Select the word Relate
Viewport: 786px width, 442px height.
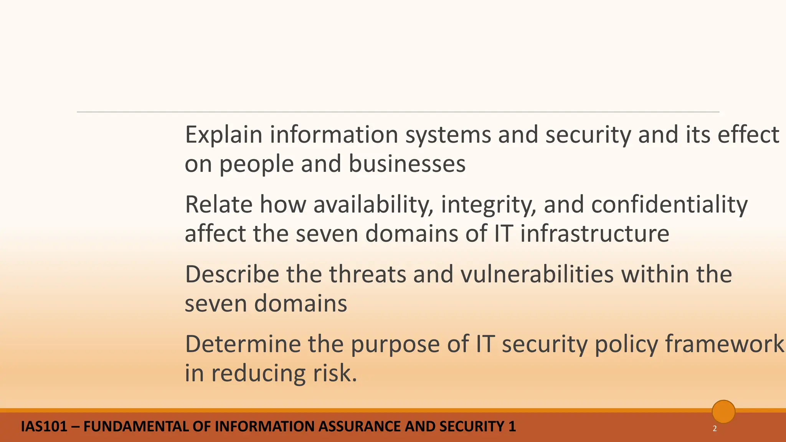pos(219,205)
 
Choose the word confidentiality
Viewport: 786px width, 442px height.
pos(669,205)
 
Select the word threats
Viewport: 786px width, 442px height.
pos(367,274)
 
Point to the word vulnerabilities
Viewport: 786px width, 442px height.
pos(537,274)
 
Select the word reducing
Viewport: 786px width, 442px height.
pos(258,373)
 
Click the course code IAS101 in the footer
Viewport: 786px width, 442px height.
pos(44,427)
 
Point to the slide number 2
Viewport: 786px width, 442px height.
pos(715,429)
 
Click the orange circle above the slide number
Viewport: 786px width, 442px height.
pos(723,412)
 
